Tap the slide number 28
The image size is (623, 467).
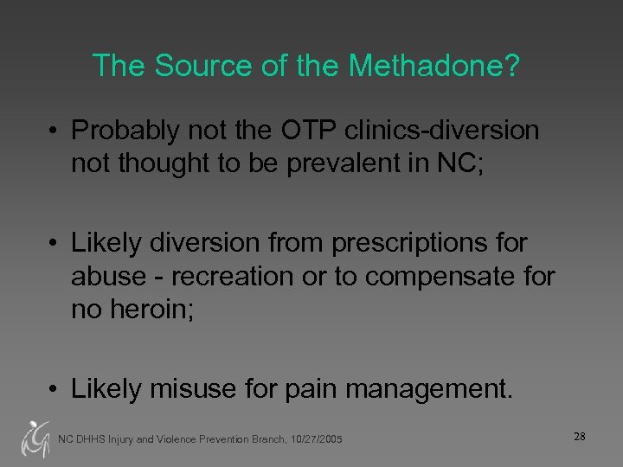tap(579, 437)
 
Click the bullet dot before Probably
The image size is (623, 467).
tap(54, 131)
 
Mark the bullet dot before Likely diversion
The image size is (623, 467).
tap(54, 243)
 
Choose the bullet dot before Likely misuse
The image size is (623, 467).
tap(54, 387)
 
